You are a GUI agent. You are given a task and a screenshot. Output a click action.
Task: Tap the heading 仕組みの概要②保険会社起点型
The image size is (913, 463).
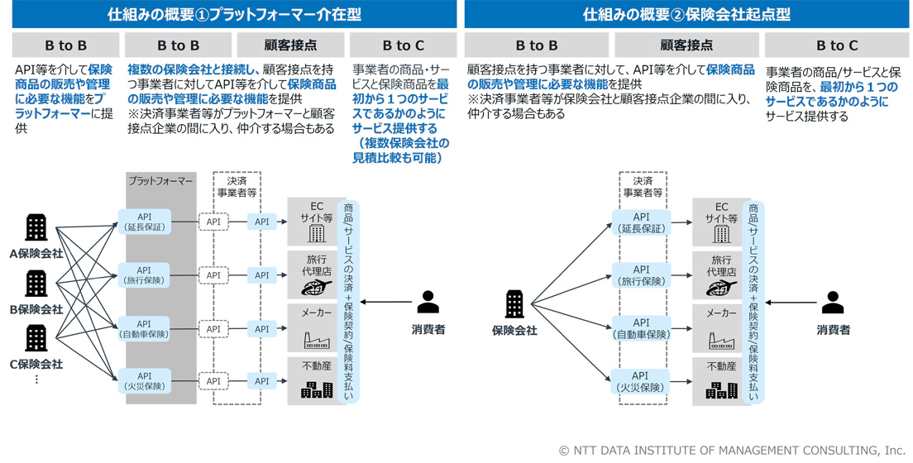point(686,14)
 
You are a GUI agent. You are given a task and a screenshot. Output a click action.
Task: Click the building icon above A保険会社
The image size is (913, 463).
point(36,227)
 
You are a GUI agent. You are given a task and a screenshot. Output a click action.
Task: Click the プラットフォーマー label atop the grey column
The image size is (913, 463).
point(160,180)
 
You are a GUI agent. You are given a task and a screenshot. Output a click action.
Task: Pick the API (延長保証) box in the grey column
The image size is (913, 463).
point(145,222)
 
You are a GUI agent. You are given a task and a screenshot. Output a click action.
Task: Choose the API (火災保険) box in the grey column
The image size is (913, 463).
point(145,381)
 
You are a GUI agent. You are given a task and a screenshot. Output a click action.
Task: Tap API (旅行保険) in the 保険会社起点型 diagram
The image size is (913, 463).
point(641,275)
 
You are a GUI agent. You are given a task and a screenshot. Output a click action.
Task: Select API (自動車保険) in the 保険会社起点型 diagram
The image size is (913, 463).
point(641,329)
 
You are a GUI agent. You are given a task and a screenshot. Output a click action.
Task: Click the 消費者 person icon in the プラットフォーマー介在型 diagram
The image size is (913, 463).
point(428,303)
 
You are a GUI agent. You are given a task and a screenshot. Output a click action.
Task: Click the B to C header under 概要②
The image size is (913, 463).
point(837,45)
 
